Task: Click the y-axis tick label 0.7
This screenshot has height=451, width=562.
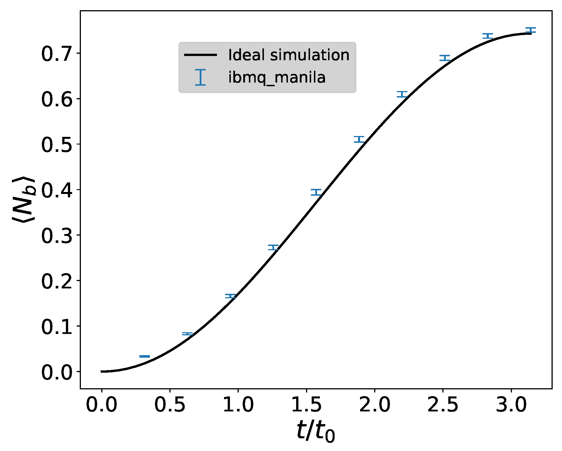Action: tap(57, 54)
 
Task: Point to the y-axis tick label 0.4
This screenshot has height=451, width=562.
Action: tap(57, 190)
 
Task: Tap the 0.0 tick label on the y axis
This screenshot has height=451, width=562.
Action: tap(57, 372)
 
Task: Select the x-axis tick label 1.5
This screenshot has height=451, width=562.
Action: tap(306, 404)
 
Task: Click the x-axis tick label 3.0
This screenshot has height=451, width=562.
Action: tap(511, 404)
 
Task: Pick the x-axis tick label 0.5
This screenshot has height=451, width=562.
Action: tap(170, 404)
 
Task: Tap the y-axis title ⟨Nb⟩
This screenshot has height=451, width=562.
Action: tap(24, 199)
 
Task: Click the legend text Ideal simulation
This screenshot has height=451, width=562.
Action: tap(288, 55)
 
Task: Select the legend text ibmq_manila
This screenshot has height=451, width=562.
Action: tap(277, 77)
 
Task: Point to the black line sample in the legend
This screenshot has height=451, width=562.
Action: tap(201, 55)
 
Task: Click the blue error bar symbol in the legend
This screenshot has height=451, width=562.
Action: tap(200, 77)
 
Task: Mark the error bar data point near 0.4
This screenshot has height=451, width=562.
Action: tap(316, 192)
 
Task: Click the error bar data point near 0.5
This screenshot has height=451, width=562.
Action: tap(359, 139)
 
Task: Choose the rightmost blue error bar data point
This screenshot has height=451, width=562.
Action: tap(531, 30)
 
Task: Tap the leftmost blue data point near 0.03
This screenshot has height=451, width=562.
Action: tap(145, 356)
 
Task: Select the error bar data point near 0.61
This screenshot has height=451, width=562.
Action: tap(402, 94)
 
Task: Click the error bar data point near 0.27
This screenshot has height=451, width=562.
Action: tap(273, 247)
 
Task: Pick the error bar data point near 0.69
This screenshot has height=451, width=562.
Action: tap(445, 58)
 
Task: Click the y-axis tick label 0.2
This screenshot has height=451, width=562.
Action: tap(57, 281)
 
